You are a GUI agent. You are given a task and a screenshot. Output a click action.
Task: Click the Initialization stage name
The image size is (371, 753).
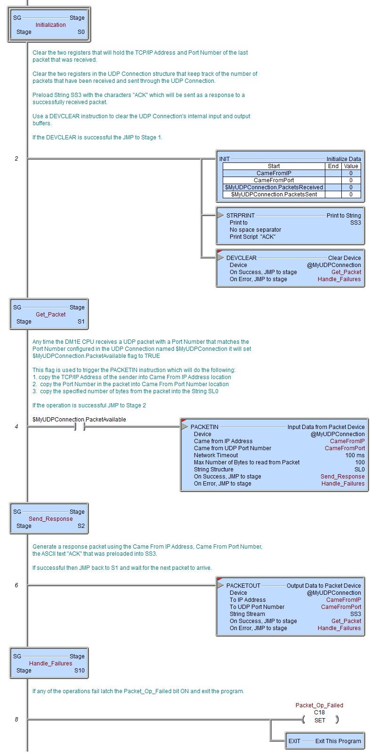click(50, 25)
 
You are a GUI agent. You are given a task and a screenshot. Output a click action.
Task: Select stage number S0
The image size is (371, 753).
click(81, 32)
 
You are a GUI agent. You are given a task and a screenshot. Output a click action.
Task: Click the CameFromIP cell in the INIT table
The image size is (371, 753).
click(274, 173)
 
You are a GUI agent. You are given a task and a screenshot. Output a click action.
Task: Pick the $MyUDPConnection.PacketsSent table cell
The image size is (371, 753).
click(274, 194)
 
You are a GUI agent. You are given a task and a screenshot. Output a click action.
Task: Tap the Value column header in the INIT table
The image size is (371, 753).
click(351, 166)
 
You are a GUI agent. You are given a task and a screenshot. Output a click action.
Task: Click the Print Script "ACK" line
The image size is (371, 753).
click(252, 237)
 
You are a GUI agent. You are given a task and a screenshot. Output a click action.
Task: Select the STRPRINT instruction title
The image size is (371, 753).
click(240, 216)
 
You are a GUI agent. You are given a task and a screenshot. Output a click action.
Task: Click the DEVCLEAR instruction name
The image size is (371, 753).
click(241, 258)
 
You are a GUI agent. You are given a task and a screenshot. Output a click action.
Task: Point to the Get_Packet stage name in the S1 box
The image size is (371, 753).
click(50, 314)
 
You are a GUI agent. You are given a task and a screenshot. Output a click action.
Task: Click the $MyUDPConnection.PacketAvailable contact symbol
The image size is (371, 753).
click(80, 427)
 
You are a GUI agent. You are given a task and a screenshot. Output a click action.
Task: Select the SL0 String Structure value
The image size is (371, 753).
click(360, 470)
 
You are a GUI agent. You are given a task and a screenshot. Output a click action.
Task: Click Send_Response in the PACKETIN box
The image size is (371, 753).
click(342, 477)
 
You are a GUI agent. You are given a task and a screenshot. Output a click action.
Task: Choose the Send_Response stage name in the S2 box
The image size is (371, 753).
click(50, 518)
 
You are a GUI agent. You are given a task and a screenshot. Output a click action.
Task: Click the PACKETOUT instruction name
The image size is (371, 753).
click(243, 586)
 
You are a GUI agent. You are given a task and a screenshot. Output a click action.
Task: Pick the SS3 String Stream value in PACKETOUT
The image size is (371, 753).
click(355, 614)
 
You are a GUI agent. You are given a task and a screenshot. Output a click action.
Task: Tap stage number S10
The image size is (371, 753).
click(80, 670)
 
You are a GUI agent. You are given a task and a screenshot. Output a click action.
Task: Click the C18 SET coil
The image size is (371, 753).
click(320, 720)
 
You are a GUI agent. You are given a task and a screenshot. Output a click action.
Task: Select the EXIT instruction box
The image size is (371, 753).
click(325, 741)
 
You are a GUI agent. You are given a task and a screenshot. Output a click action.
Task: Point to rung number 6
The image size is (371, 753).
click(16, 585)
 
